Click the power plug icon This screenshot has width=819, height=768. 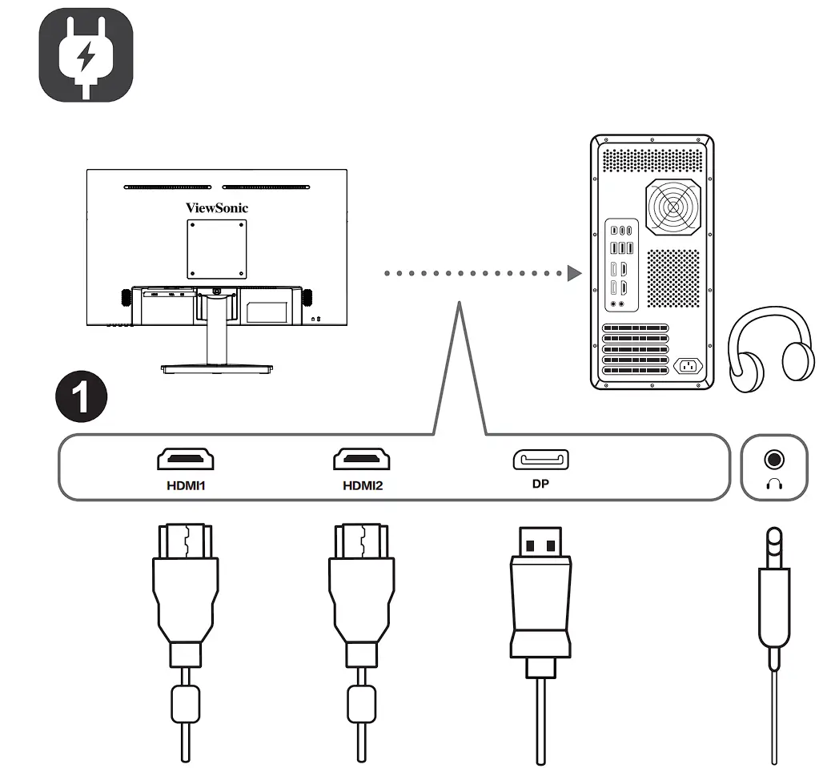coord(86,55)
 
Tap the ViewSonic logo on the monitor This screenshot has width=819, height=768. coord(217,208)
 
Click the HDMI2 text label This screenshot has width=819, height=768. coord(363,485)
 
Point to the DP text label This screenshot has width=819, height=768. coord(540,485)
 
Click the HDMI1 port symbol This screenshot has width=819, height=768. coord(185,459)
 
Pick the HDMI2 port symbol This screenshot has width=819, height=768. coord(362,459)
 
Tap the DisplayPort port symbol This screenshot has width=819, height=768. coord(540,460)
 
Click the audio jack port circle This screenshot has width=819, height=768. coord(773,460)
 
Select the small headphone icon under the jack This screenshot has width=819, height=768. coord(773,484)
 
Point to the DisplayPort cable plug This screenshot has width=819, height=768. coord(541,593)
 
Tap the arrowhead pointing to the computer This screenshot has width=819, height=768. coord(574,274)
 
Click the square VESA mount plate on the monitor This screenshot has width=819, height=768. coord(216,249)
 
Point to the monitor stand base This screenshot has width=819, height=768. coord(217,369)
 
